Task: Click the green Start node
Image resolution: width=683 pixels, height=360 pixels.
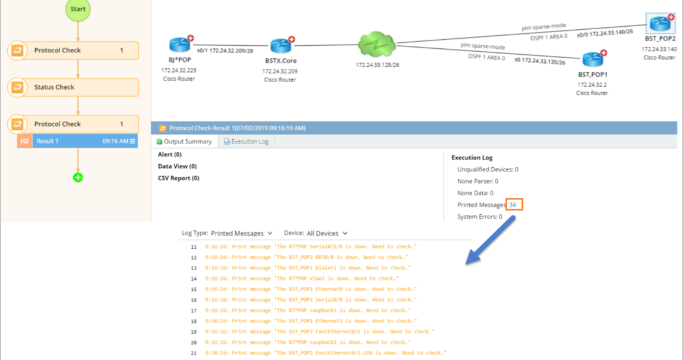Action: point(78,10)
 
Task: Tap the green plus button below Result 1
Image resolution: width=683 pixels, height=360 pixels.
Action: point(78,177)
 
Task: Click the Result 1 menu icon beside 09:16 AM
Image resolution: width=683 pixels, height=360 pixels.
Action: point(133,141)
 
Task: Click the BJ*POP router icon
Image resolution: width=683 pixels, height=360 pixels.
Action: point(179,45)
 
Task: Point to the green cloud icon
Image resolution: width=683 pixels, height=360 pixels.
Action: point(377,45)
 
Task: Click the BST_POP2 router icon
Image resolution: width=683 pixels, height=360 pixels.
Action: point(660,24)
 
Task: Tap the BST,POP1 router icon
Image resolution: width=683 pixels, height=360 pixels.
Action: point(592,59)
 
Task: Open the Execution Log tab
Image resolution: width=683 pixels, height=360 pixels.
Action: point(246,142)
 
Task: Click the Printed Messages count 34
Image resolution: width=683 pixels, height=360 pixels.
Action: point(513,205)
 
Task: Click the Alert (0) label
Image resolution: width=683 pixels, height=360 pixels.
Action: point(170,155)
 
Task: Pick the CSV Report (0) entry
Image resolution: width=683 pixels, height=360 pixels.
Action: point(179,178)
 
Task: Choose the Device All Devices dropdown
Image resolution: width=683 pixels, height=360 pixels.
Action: point(325,233)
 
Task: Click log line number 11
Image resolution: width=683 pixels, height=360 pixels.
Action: point(194,247)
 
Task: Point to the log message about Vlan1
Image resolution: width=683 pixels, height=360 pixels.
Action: point(302,278)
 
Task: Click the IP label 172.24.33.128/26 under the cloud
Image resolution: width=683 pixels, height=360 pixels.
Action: point(378,65)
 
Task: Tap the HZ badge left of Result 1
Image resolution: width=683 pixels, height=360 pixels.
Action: point(24,141)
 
